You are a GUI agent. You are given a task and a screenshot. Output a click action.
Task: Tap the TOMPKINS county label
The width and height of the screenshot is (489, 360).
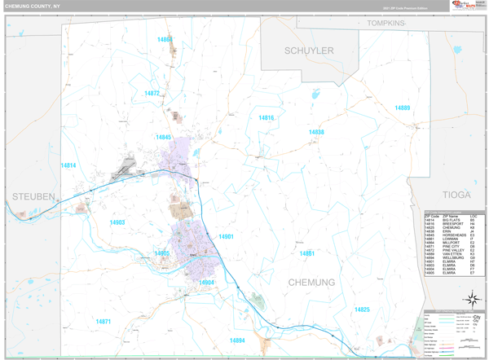(x=385, y=23)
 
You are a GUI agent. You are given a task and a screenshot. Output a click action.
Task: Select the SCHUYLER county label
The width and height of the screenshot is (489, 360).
(x=309, y=50)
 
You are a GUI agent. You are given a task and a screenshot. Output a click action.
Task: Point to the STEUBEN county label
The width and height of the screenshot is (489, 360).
(x=33, y=196)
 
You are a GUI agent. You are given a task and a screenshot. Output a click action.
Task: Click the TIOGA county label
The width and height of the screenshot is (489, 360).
(x=456, y=195)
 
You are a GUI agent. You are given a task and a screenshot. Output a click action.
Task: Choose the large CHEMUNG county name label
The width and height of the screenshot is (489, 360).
(x=311, y=282)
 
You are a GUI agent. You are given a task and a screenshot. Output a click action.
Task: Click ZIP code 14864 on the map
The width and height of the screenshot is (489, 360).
(x=165, y=39)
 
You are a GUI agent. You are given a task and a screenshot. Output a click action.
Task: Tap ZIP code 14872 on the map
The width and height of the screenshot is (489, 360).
(x=152, y=93)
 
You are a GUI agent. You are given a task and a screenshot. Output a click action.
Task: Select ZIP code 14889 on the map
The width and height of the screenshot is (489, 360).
(x=403, y=108)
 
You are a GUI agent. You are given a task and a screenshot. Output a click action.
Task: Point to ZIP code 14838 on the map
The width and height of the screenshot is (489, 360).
(x=316, y=131)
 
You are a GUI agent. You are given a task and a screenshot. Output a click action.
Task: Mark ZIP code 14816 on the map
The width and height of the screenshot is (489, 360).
(x=267, y=117)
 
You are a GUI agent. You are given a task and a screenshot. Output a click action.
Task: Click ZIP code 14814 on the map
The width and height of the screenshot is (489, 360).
(x=68, y=165)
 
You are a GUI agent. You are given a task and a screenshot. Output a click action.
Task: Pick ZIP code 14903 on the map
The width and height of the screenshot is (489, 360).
(x=117, y=222)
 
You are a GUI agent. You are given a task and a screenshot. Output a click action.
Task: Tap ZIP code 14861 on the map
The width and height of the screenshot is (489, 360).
(x=307, y=253)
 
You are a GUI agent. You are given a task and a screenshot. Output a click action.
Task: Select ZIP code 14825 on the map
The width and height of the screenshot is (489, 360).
(x=362, y=309)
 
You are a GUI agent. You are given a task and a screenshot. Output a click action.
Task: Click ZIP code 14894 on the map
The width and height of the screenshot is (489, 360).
(x=237, y=340)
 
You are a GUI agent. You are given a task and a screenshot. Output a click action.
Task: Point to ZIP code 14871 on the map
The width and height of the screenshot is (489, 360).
(x=103, y=321)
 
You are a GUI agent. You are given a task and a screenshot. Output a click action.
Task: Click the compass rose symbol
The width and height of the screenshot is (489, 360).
(x=471, y=298)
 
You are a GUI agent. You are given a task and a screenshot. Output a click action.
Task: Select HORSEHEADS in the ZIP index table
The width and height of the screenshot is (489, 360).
(x=454, y=235)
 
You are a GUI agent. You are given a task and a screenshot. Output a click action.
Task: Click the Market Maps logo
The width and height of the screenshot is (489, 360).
(x=462, y=6)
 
